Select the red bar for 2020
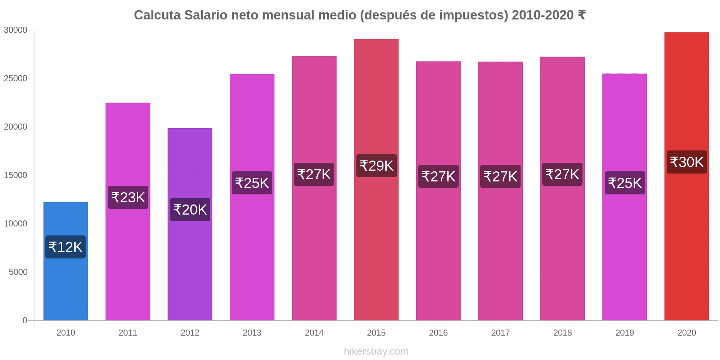[687, 234]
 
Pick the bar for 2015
[376, 234]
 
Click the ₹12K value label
[66, 247]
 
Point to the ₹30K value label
[687, 162]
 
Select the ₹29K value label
[376, 166]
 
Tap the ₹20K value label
[190, 210]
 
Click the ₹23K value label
[128, 197]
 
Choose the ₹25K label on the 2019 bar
[625, 183]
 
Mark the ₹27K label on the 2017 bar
[500, 176]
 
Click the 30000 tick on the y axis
[15, 30]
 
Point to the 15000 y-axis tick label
[15, 175]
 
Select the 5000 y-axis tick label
[18, 272]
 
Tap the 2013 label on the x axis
[252, 333]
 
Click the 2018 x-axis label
[562, 333]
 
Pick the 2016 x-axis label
[438, 333]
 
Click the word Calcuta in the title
[157, 15]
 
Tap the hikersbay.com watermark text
[376, 351]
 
